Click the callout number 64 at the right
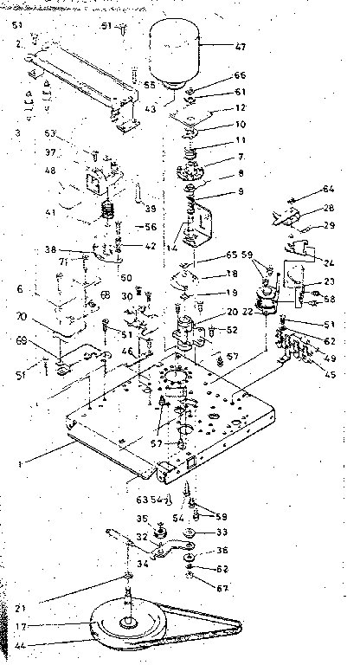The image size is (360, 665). coord(304,188)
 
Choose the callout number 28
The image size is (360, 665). coord(304,209)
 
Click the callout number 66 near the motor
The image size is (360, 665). coord(216,75)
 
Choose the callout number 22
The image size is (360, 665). coord(248,312)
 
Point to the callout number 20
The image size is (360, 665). coord(209,312)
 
